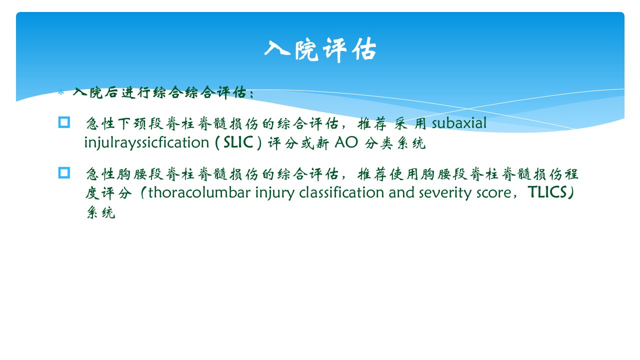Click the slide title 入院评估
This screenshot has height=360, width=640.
(320, 50)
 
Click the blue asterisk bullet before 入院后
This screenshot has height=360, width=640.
(61, 92)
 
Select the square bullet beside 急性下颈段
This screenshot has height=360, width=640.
(64, 122)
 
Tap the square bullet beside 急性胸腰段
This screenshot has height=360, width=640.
(64, 173)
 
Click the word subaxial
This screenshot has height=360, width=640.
(459, 123)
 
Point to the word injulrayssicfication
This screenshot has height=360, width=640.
(147, 142)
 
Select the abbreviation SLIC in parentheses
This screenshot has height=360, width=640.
(238, 142)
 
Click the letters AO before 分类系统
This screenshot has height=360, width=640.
(346, 142)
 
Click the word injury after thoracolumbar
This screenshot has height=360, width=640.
(275, 193)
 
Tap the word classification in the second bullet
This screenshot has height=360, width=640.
(341, 192)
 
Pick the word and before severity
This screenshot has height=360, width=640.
(401, 192)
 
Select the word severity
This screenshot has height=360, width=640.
(445, 193)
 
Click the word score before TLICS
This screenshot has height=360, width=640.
(493, 193)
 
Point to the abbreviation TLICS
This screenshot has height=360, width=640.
(547, 192)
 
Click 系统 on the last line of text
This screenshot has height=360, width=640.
(101, 212)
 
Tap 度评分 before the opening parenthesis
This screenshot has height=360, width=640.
(108, 193)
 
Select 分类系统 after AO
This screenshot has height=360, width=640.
(395, 143)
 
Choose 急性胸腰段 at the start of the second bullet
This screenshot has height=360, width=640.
(124, 174)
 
